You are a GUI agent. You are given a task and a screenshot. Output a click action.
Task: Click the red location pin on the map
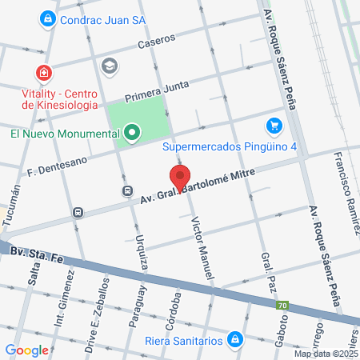(180, 178)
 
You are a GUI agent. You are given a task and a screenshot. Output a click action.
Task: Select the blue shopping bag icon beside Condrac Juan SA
(48, 17)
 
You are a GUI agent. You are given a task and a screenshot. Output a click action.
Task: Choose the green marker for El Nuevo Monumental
(131, 132)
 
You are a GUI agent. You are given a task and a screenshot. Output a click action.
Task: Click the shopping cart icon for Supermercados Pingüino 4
(274, 126)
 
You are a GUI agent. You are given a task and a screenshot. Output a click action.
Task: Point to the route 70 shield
(282, 306)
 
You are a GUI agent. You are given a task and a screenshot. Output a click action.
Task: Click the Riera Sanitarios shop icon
(234, 339)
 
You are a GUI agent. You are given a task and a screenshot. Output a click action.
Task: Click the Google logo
(27, 349)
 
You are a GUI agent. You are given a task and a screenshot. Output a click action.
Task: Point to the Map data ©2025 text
(326, 353)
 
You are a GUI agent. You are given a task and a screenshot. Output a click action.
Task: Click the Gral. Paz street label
(266, 272)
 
